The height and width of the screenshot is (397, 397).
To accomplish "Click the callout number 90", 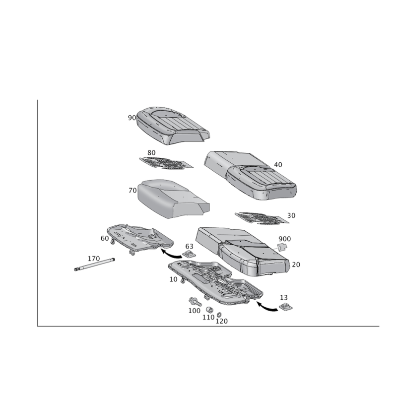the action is pyautogui.click(x=132, y=118).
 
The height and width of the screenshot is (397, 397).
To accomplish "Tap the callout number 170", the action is pyautogui.click(x=94, y=259).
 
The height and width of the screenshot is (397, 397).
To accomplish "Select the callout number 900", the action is pyautogui.click(x=284, y=239).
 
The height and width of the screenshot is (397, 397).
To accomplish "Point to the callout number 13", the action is pyautogui.click(x=284, y=297).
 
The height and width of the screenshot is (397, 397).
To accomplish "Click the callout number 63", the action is pyautogui.click(x=190, y=246).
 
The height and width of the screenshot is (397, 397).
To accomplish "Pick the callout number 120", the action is pyautogui.click(x=221, y=321).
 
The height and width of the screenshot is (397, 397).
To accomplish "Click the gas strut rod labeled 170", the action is pyautogui.click(x=94, y=264).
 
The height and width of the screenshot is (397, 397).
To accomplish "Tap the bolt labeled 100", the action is pyautogui.click(x=195, y=302).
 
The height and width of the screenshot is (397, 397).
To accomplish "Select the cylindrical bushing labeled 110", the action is pyautogui.click(x=209, y=310).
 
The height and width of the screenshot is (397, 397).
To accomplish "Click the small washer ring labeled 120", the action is pyautogui.click(x=219, y=315).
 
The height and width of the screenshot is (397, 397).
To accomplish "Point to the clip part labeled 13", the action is pyautogui.click(x=286, y=307).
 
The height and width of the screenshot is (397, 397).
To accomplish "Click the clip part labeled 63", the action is pyautogui.click(x=189, y=254).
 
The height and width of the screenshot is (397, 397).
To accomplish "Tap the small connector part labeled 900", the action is pyautogui.click(x=282, y=247).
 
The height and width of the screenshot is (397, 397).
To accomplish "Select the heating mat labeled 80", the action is pyautogui.click(x=166, y=163).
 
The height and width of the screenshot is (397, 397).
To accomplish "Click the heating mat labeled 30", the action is pyautogui.click(x=262, y=218).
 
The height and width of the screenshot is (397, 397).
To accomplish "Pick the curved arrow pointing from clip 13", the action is pyautogui.click(x=266, y=307).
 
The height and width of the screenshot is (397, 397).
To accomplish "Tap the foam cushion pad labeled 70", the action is pyautogui.click(x=173, y=199).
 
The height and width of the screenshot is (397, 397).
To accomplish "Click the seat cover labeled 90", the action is pyautogui.click(x=173, y=126).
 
